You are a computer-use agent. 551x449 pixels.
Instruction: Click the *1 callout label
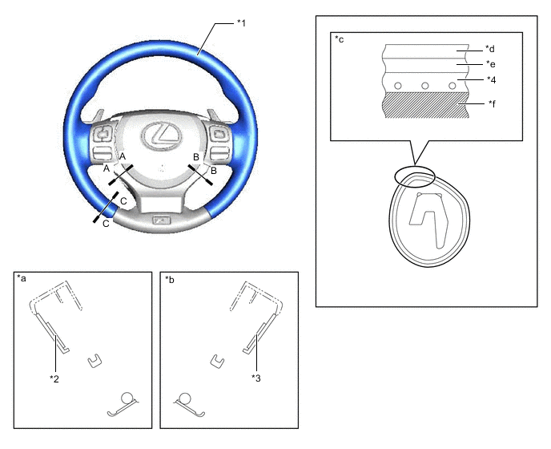[241, 23]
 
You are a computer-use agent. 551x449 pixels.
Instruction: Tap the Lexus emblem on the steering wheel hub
[162, 136]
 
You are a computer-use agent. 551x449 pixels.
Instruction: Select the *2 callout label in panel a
[54, 378]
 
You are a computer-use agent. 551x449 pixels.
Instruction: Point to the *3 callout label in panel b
[256, 378]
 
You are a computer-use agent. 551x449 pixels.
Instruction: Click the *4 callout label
[491, 80]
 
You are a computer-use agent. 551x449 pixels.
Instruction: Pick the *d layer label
[490, 49]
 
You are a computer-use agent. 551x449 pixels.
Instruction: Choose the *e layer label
[491, 64]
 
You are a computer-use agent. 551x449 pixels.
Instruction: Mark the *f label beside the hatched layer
[492, 103]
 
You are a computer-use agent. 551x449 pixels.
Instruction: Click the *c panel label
[340, 38]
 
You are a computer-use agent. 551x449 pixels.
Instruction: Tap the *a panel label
[22, 279]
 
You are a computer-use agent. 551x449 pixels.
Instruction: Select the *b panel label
[170, 279]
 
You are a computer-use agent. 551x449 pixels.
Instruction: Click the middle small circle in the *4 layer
[424, 86]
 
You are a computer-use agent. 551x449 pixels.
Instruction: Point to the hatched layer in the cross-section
[428, 105]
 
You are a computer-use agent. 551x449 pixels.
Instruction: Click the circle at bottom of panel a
[127, 398]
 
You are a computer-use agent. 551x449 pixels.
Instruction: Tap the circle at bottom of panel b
[184, 398]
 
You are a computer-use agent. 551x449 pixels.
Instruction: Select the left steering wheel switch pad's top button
[103, 134]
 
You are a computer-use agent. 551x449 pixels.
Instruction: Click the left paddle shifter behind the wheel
[99, 115]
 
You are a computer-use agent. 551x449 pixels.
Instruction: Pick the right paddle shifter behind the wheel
[213, 115]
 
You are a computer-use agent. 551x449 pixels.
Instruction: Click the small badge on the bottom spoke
[161, 220]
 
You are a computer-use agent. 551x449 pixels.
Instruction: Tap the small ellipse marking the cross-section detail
[415, 176]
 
